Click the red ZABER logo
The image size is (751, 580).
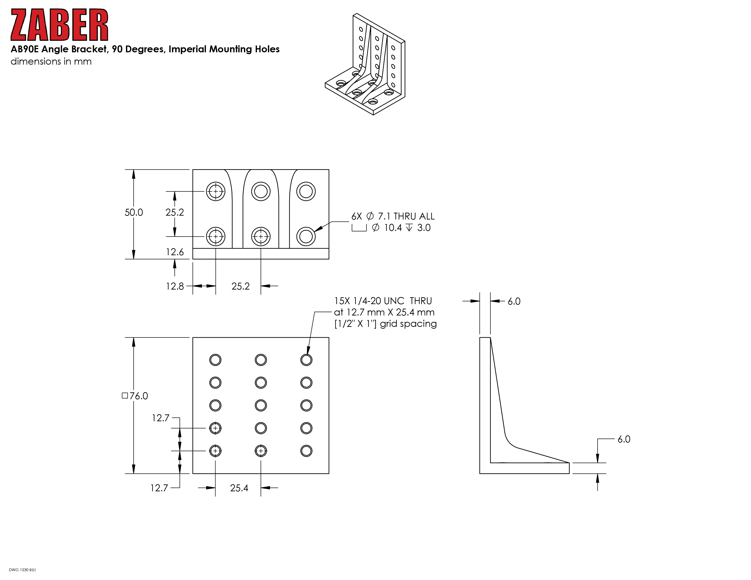tap(59, 25)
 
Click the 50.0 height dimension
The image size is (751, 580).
tap(134, 212)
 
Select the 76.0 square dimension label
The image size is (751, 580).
tap(135, 396)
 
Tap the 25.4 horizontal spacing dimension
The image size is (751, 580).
tap(239, 488)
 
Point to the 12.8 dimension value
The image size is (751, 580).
tap(175, 286)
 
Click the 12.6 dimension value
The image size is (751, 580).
tap(175, 252)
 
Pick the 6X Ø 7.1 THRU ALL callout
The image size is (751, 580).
tap(393, 216)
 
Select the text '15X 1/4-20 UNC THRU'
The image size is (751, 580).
tap(383, 301)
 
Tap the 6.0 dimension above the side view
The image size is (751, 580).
tap(514, 301)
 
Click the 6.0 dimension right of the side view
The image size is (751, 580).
tap(624, 439)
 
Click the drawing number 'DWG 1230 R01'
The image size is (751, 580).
tap(22, 570)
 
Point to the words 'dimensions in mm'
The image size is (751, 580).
tap(51, 61)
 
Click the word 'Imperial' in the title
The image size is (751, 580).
tap(187, 49)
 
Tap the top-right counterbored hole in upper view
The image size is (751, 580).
tap(306, 191)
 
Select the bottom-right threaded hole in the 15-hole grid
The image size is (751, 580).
tap(306, 451)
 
